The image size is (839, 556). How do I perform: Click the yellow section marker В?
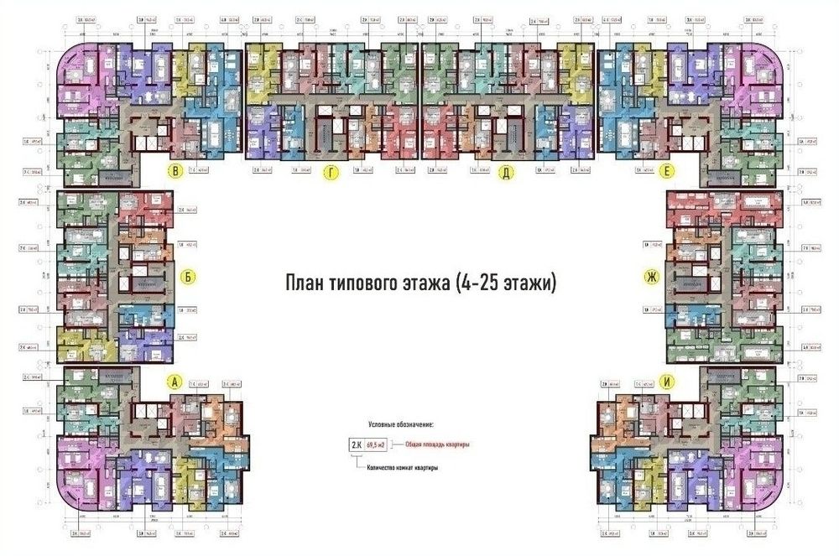175,173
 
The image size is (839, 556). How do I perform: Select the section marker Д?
506,174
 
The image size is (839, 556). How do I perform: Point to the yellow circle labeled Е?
666,173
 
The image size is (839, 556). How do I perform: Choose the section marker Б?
190,278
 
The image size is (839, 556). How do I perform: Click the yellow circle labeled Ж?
649,277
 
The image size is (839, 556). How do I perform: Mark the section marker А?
175,382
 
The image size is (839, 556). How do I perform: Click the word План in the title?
306,283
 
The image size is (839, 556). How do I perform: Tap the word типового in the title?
362,283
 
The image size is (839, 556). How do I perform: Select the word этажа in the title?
427,283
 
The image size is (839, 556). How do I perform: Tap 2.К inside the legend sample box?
355,444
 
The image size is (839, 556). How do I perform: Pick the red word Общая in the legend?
415,444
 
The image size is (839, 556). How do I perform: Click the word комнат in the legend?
409,467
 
